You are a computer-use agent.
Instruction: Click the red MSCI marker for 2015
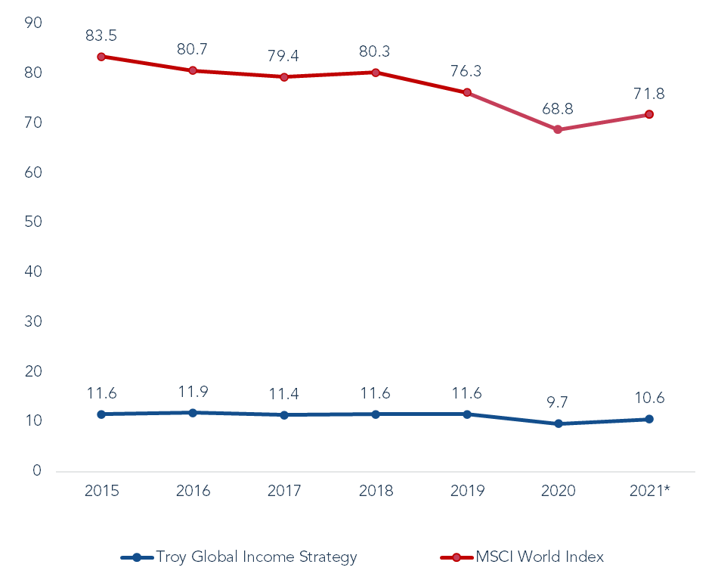[101, 57]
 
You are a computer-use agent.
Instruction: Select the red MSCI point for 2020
[558, 130]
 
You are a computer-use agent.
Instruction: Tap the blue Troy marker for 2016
[193, 413]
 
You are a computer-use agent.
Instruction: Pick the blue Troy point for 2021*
[649, 419]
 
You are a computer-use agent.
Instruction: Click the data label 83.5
[101, 36]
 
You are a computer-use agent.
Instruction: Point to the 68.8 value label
[558, 109]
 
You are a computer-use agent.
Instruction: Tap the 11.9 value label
[193, 392]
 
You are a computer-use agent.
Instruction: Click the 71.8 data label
[649, 94]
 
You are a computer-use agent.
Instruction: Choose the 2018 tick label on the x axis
[376, 491]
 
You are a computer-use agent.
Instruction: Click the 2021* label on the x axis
[650, 491]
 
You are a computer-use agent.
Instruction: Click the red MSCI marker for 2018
[376, 73]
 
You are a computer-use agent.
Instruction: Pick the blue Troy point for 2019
[467, 414]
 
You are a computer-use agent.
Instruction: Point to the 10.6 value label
[649, 399]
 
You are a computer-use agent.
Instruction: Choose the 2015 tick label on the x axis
[101, 491]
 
